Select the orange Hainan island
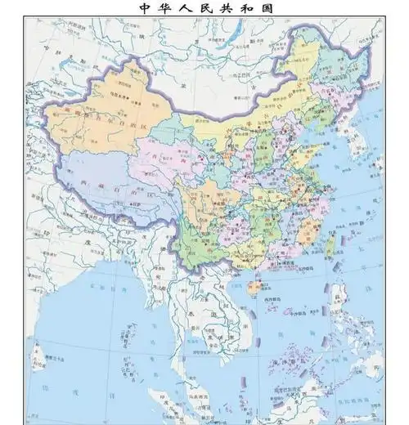pyautogui.click(x=255, y=288)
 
